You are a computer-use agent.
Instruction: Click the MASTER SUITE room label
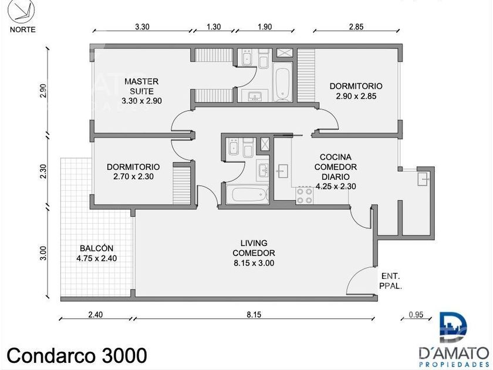(141, 91)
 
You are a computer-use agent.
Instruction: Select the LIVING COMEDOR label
(254, 253)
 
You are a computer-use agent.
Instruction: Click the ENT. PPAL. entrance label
(390, 281)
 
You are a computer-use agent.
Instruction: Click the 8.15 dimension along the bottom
(254, 314)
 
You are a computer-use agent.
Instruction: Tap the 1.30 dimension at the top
(214, 27)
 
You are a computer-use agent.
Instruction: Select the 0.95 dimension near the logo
(416, 314)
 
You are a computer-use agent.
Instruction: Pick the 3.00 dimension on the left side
(43, 253)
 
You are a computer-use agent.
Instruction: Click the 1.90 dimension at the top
(265, 27)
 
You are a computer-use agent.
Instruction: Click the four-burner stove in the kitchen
(305, 196)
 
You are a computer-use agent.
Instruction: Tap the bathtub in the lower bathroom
(248, 194)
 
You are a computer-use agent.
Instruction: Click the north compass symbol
(21, 11)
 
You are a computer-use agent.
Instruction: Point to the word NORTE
(23, 29)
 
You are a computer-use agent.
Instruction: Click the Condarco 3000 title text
(77, 355)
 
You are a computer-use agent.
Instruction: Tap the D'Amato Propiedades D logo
(453, 327)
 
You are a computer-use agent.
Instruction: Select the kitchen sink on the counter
(282, 171)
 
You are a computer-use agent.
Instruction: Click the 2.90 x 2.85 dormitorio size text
(356, 96)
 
